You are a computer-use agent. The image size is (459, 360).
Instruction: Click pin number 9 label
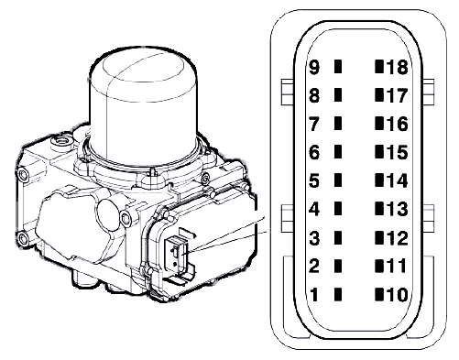pyautogui.click(x=314, y=67)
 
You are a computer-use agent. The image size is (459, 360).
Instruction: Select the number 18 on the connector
pyautogui.click(x=398, y=67)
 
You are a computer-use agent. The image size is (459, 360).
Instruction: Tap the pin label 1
pyautogui.click(x=314, y=295)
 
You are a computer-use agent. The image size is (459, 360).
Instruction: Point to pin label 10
pyautogui.click(x=398, y=295)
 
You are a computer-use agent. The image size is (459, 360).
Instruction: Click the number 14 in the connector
pyautogui.click(x=398, y=180)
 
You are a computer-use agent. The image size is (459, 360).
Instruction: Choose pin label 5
pyautogui.click(x=314, y=180)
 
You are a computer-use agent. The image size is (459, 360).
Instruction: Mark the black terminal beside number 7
pyautogui.click(x=338, y=124)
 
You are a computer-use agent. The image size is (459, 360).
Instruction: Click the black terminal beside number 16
pyautogui.click(x=379, y=124)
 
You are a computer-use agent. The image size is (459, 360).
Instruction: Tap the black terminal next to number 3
pyautogui.click(x=338, y=237)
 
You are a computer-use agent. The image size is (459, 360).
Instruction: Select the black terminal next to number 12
pyautogui.click(x=379, y=237)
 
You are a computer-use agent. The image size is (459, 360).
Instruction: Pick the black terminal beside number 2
pyautogui.click(x=338, y=266)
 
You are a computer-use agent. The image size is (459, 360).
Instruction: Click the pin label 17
pyautogui.click(x=398, y=95)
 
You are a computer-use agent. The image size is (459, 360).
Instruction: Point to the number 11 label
pyautogui.click(x=397, y=266)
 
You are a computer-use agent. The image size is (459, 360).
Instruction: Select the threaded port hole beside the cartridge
pyautogui.click(x=61, y=141)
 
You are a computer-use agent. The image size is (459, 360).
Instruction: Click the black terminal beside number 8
pyautogui.click(x=338, y=95)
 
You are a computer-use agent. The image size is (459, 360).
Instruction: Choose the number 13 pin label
pyautogui.click(x=398, y=209)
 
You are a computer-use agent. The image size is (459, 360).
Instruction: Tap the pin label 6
pyautogui.click(x=314, y=152)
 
